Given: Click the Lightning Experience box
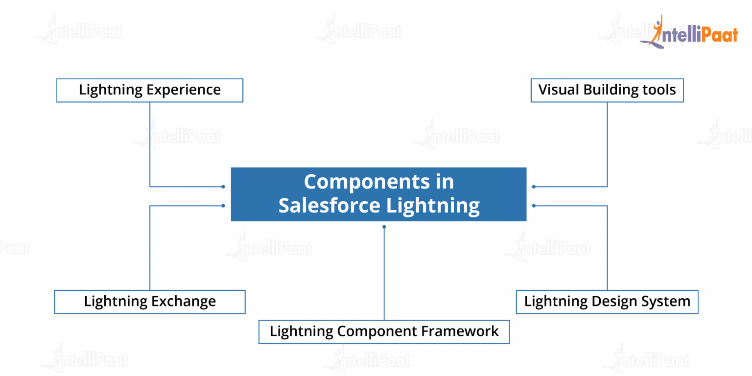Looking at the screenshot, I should (x=150, y=90).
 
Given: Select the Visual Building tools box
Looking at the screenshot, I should (x=607, y=90).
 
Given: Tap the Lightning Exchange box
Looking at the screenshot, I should (x=150, y=302).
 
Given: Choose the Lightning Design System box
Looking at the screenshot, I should (x=607, y=302).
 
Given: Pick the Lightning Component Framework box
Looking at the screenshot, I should (x=384, y=331).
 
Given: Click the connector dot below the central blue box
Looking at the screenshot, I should (x=384, y=227).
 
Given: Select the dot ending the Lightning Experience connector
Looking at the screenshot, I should (x=223, y=187).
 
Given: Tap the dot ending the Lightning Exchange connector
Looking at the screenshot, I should (x=223, y=206).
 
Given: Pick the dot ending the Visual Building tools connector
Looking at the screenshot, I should (x=534, y=187).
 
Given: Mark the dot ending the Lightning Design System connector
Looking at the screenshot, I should (x=534, y=206).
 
